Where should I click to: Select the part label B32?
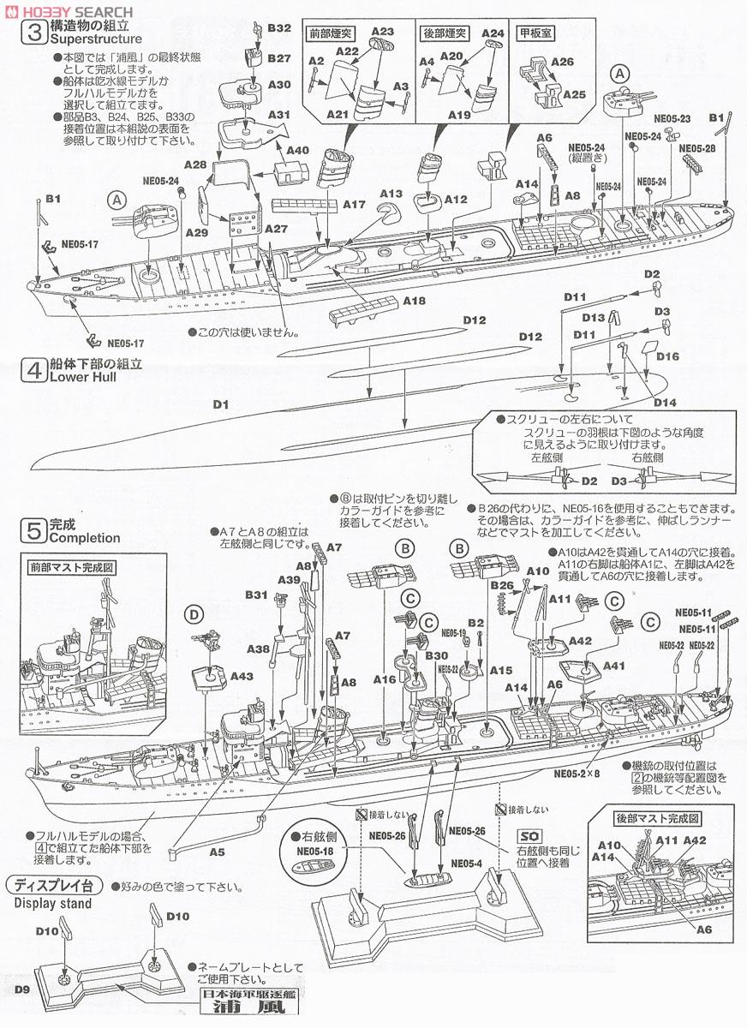[279, 28]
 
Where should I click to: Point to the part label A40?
[297, 150]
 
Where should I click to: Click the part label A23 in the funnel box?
[382, 32]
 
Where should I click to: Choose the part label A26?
[562, 63]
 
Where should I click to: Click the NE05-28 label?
[697, 148]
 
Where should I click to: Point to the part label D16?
[667, 356]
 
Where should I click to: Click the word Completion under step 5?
[85, 539]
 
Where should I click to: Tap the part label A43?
[242, 677]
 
